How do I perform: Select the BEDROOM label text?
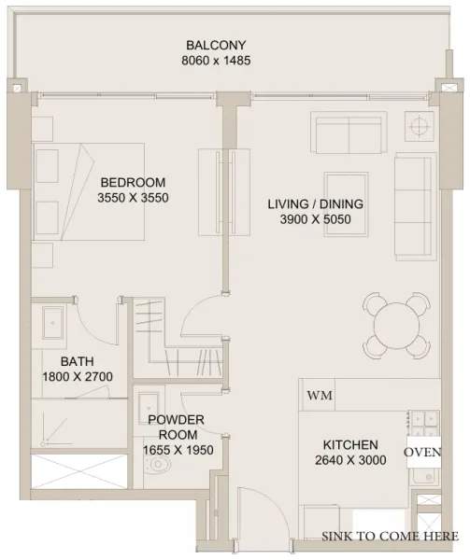(133, 182)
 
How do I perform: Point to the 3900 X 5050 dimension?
(315, 219)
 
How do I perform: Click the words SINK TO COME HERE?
(390, 536)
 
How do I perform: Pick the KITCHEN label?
(350, 444)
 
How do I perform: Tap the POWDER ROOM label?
(177, 427)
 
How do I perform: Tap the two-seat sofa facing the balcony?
(349, 135)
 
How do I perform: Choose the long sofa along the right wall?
(413, 206)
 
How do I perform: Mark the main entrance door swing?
(252, 518)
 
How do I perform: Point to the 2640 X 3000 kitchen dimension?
(350, 460)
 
